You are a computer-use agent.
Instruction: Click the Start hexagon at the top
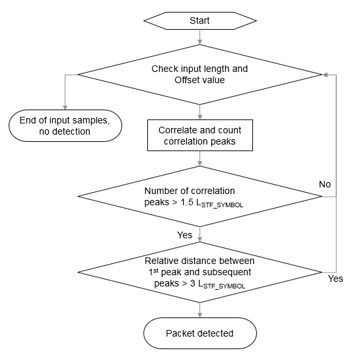[199, 20]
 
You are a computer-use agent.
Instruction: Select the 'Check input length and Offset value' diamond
[199, 74]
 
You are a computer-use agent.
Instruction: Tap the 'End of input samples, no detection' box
[64, 125]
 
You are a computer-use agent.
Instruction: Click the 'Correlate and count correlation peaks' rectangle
[199, 135]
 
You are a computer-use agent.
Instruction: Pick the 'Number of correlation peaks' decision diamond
[199, 196]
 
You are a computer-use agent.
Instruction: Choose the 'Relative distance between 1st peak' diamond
[199, 273]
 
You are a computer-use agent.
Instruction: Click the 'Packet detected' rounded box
[199, 333]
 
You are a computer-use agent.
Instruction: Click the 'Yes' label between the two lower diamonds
[184, 234]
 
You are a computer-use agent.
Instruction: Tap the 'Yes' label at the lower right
[335, 279]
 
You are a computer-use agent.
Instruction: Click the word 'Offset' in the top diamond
[189, 80]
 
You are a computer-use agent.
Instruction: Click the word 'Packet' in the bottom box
[181, 333]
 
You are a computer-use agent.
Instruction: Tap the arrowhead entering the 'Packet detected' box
[199, 315]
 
